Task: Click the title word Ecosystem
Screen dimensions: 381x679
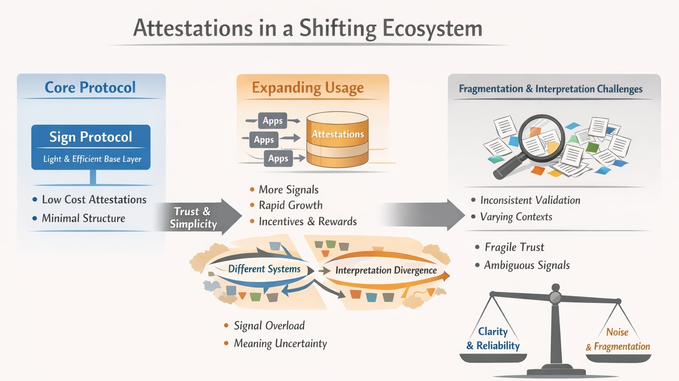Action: point(432,28)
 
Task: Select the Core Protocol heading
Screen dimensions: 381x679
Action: point(90,87)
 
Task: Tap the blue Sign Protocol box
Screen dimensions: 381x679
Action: point(91,147)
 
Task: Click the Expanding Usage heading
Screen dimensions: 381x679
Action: point(308,88)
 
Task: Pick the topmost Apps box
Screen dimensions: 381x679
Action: point(272,121)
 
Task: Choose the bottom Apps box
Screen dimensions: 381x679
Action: point(278,158)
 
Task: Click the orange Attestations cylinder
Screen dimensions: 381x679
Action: point(337,140)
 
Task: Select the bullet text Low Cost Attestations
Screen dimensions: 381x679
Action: point(94,200)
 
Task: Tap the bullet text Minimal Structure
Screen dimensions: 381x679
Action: point(84,218)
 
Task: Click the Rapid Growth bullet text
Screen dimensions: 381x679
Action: point(290,205)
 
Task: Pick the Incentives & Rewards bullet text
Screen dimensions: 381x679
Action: point(308,222)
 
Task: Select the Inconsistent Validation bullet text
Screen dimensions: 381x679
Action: point(530,200)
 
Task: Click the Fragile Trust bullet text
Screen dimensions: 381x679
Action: point(514,247)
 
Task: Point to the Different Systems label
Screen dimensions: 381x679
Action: point(264,269)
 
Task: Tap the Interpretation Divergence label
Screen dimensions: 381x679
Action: point(386,270)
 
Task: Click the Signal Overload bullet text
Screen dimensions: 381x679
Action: point(269,326)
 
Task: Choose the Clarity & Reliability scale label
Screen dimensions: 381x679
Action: point(493,339)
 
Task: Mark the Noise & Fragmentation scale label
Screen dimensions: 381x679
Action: point(618,339)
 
